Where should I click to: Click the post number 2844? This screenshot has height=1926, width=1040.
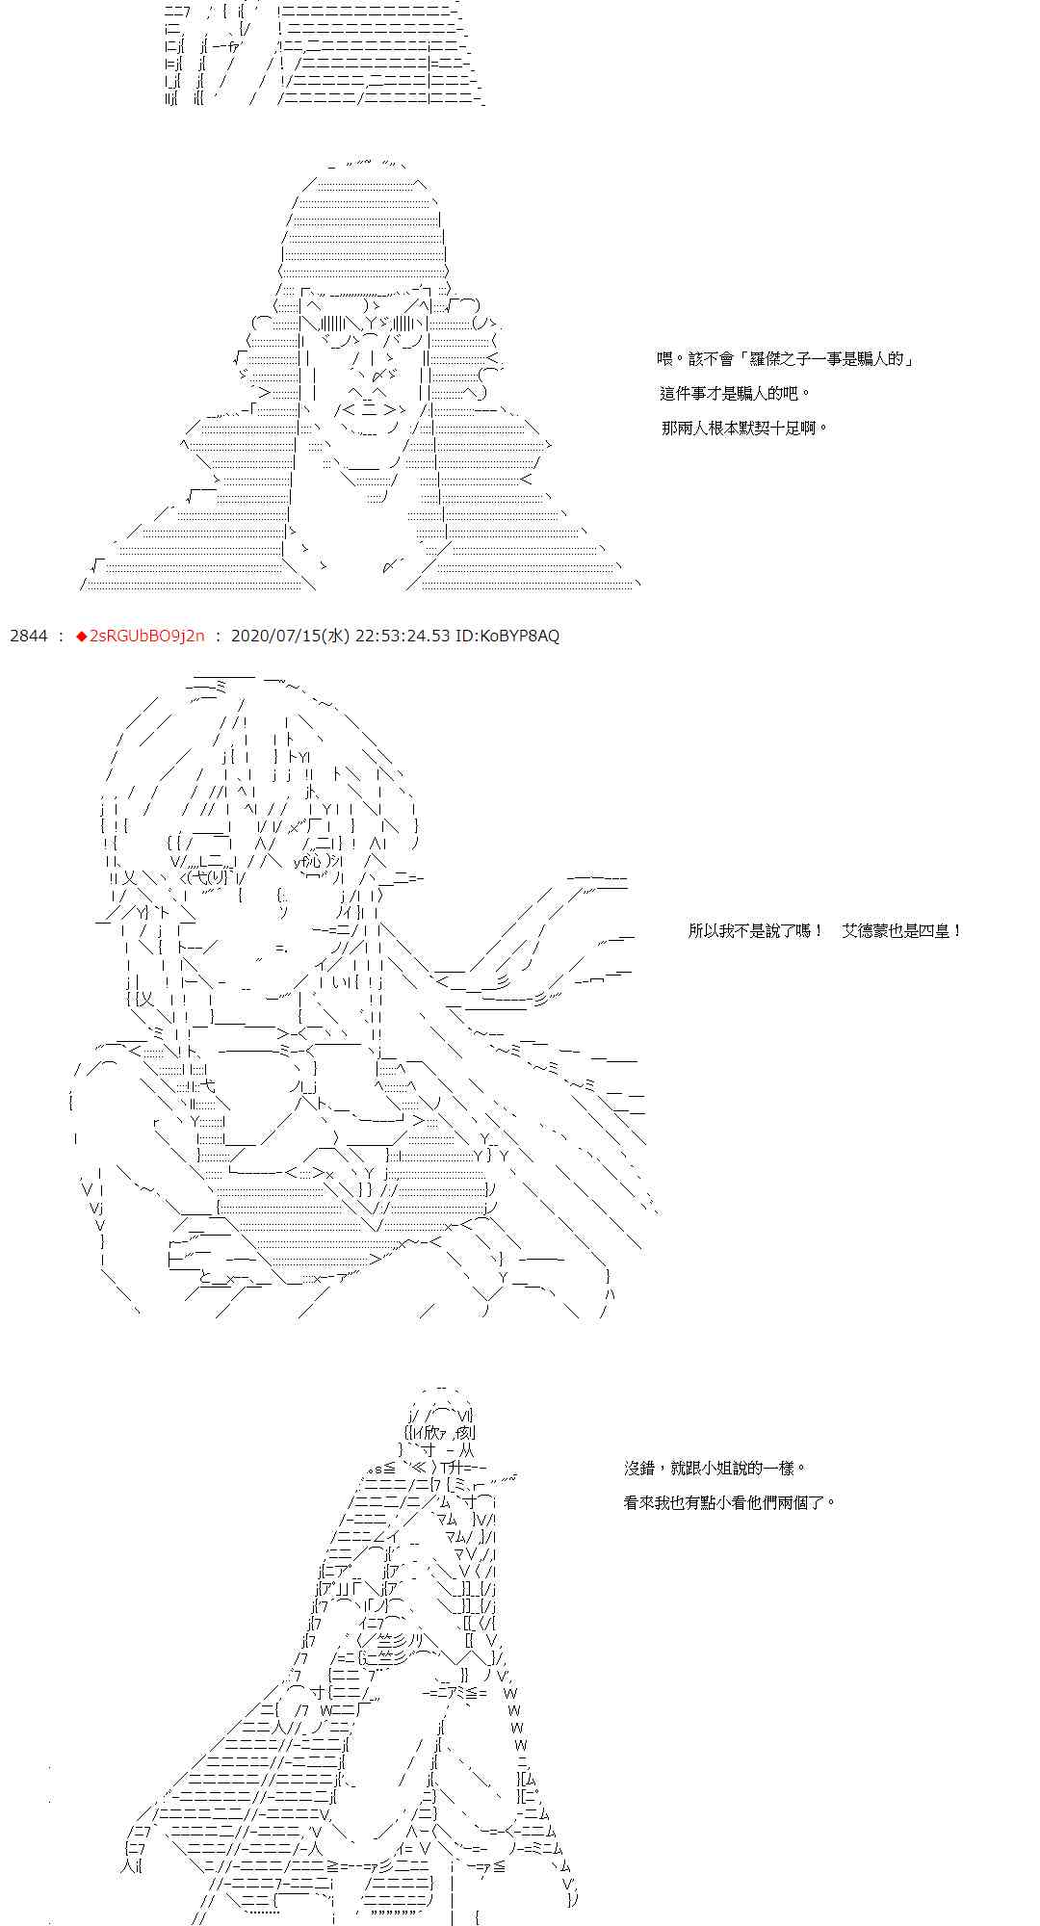tap(28, 636)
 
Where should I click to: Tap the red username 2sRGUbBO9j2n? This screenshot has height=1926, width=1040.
tap(146, 636)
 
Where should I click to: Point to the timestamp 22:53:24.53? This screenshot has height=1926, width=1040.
tap(402, 636)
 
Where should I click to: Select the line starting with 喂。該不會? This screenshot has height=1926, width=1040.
tap(785, 359)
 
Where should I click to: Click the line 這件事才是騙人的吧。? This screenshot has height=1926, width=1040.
tap(735, 393)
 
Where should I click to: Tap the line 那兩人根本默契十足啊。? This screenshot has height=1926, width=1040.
tap(744, 428)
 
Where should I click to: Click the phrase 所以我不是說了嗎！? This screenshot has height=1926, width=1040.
tap(756, 931)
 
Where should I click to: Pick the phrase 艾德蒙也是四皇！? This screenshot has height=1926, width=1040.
tap(902, 931)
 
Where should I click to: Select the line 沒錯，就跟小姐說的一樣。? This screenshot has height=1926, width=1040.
tap(715, 1468)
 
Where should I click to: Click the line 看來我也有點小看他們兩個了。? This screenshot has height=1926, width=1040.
tap(730, 1501)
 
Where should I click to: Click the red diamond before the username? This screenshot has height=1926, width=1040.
tap(81, 636)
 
